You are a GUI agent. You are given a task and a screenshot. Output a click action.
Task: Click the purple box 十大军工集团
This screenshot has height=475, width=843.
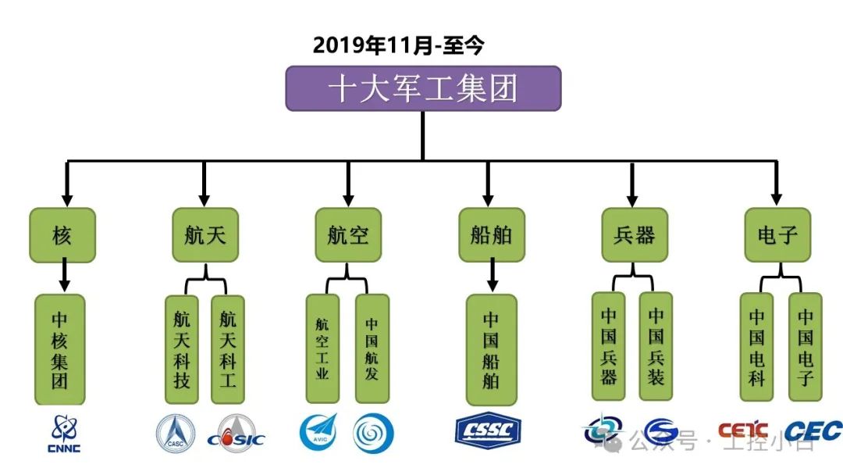423,88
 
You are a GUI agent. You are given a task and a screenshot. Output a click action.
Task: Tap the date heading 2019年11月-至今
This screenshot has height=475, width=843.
399,45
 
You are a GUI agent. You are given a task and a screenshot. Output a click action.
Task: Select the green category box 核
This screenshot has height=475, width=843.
62,234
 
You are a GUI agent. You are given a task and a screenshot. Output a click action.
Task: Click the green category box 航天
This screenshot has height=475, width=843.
204,234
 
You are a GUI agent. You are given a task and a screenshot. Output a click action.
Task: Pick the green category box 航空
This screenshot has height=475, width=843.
348,234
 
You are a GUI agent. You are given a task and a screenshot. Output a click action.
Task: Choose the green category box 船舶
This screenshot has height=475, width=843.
491,234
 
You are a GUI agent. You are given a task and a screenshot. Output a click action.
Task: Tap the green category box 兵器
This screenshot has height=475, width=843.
634,234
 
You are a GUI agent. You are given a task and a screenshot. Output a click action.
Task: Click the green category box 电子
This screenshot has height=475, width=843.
777,234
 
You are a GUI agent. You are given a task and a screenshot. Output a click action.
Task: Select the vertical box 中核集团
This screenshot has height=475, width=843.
61,350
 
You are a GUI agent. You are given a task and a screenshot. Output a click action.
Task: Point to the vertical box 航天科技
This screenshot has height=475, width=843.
183,349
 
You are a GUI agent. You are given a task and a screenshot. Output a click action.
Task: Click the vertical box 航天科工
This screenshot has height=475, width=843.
228,349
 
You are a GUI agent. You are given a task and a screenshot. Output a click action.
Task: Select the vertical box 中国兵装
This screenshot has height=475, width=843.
656,348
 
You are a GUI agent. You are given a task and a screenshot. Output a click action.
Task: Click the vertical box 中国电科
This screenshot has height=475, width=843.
756,348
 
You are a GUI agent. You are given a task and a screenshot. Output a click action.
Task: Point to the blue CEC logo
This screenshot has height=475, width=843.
813,430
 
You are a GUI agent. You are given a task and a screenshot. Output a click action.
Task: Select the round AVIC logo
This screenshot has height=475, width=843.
318,432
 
